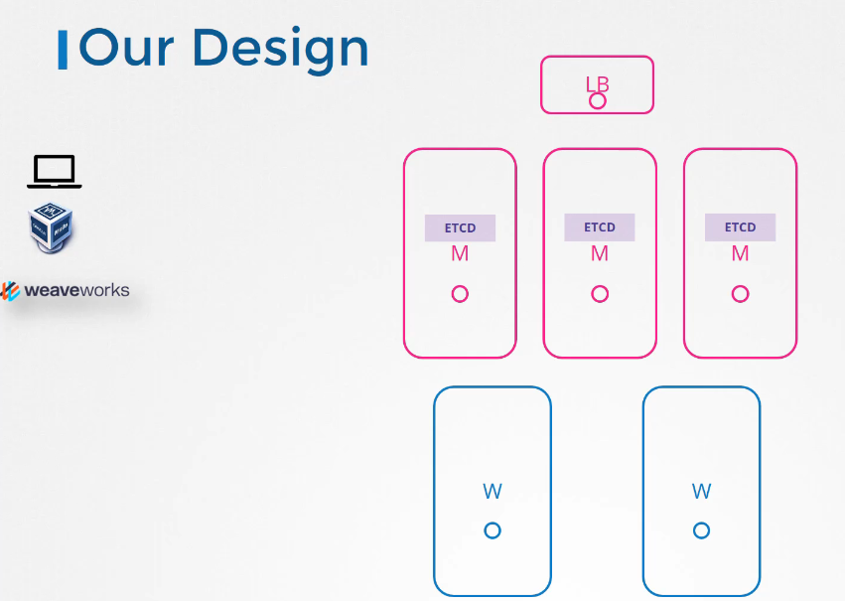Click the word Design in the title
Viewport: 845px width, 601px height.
tap(280, 51)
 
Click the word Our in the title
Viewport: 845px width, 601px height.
tap(127, 49)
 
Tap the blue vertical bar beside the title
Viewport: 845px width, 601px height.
tap(63, 50)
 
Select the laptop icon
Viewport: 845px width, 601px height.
tap(55, 172)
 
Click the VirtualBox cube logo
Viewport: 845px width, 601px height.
tap(50, 227)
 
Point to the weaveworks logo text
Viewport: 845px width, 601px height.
tap(76, 290)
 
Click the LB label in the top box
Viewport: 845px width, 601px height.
tap(597, 84)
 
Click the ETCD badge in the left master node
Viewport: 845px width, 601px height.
tap(460, 228)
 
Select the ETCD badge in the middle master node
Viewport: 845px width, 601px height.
tap(600, 227)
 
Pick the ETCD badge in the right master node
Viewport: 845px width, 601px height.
tap(740, 227)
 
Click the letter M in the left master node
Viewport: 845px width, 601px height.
tap(460, 253)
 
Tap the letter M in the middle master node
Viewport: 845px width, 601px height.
tap(600, 253)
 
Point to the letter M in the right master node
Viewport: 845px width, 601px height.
tap(740, 253)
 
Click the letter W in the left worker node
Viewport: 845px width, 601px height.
tap(493, 492)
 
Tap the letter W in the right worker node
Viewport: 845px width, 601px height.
tap(702, 492)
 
